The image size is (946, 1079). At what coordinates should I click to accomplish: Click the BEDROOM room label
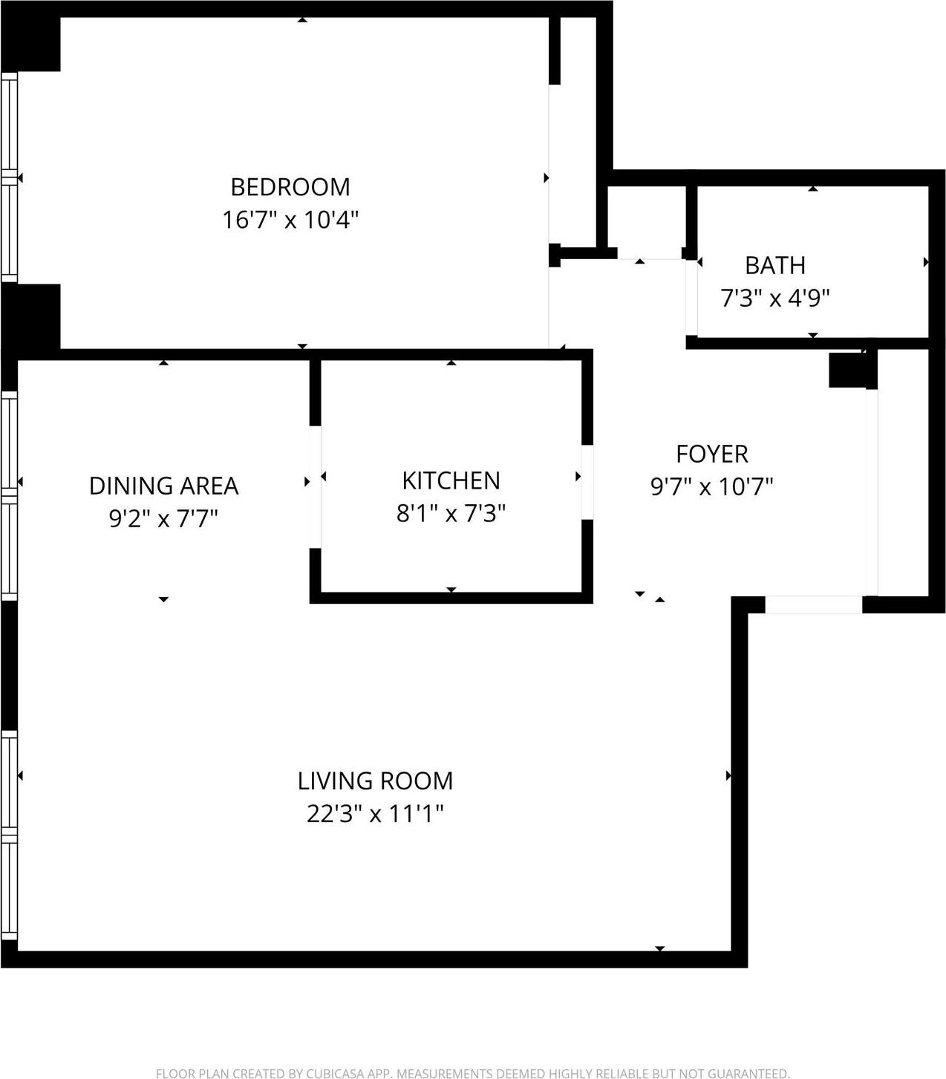click(x=290, y=186)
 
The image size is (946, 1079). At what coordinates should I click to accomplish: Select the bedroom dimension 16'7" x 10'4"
click(x=290, y=220)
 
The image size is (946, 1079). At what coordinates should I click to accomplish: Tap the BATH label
click(x=774, y=265)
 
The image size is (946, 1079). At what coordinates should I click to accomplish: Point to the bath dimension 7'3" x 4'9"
click(x=774, y=299)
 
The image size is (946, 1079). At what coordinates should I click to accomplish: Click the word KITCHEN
click(x=451, y=480)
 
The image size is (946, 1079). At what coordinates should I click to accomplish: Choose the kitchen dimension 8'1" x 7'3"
click(x=451, y=513)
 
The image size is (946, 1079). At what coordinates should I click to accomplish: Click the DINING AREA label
click(x=163, y=486)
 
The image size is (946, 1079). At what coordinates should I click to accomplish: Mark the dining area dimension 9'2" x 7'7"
click(x=163, y=518)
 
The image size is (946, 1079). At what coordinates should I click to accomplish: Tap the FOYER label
click(x=711, y=454)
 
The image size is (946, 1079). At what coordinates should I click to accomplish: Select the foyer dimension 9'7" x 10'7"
click(x=711, y=487)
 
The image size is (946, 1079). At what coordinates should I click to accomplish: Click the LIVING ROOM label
click(x=375, y=781)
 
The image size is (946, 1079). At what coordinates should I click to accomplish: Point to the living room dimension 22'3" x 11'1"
click(x=375, y=814)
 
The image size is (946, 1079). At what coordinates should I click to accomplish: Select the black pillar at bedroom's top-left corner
click(x=31, y=43)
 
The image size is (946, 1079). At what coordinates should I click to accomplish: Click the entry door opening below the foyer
click(x=813, y=604)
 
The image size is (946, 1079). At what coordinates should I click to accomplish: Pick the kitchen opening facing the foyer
click(x=587, y=481)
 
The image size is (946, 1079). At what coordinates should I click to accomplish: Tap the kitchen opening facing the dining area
click(x=315, y=486)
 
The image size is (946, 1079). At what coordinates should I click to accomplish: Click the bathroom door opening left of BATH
click(x=691, y=297)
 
